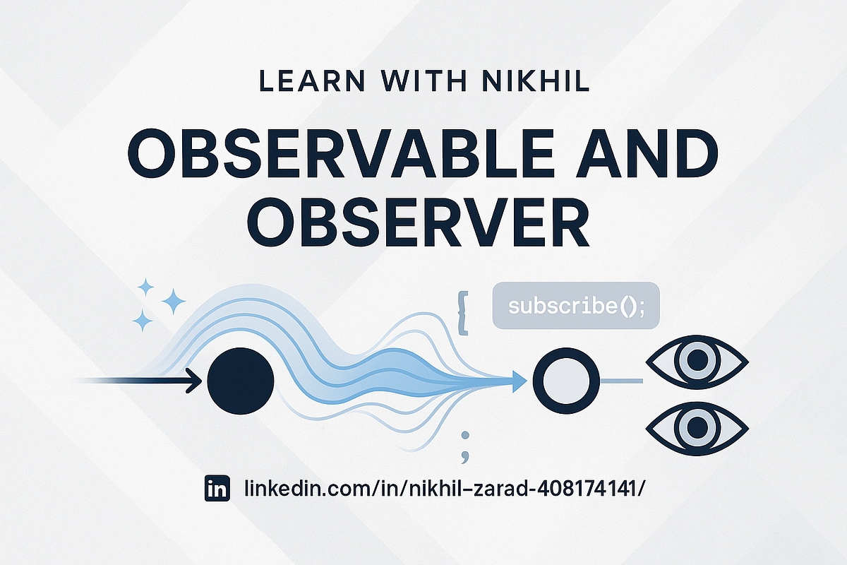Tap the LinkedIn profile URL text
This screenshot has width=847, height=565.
click(444, 488)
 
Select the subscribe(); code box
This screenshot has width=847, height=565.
click(575, 306)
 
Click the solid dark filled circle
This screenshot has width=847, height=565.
click(241, 381)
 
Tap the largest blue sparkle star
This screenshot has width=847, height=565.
click(173, 302)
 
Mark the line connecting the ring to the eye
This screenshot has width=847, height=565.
click(621, 381)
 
